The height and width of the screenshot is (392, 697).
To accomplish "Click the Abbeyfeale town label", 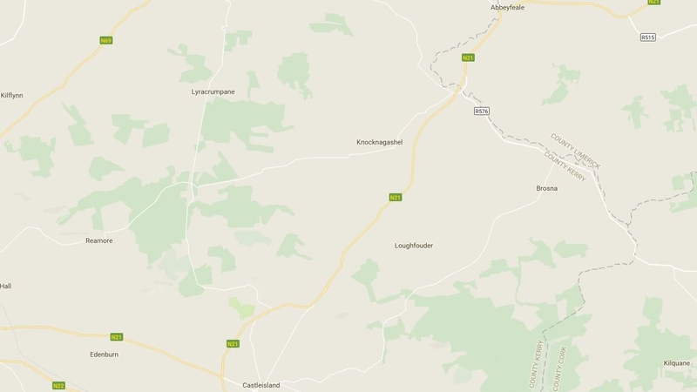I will (x=508, y=7).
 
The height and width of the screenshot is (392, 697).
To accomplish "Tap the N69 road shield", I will (x=106, y=40).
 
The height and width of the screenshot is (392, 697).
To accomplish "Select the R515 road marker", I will (x=646, y=37).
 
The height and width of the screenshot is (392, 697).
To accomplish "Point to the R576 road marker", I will (x=481, y=112).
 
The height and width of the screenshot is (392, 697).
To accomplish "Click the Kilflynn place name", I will (x=12, y=95).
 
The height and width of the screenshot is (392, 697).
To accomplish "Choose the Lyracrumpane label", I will (x=213, y=91).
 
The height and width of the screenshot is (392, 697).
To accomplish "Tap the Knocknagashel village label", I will (x=380, y=142).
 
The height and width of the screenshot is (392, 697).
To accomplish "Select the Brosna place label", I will (x=546, y=188).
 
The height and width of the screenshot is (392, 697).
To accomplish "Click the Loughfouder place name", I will (x=413, y=246).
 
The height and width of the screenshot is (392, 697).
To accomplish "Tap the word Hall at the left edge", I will (x=5, y=286).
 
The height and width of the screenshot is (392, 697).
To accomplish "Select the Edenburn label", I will (x=103, y=355).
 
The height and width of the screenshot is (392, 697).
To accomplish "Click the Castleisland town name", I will (x=265, y=384).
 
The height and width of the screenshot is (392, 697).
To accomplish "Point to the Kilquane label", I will (x=674, y=362).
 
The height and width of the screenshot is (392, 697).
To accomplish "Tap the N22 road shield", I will (x=58, y=386).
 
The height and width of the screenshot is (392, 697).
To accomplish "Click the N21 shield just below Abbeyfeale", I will (x=468, y=57).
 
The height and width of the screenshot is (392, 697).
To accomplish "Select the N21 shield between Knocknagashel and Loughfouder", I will (x=396, y=198).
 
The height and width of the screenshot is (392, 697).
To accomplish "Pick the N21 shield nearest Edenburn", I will (x=117, y=336).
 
